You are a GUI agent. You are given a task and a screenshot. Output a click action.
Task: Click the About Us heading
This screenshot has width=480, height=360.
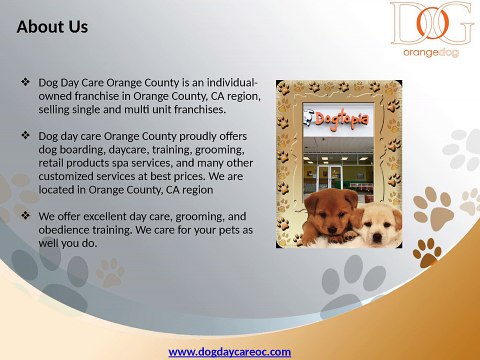pyautogui.click(x=52, y=27)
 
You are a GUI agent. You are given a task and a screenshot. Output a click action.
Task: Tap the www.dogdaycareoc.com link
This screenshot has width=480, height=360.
pyautogui.click(x=229, y=351)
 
